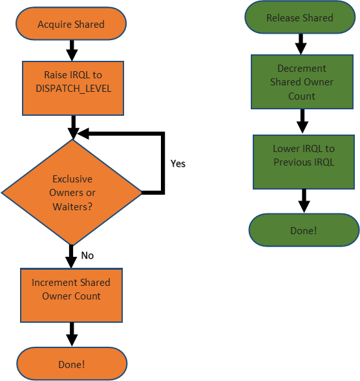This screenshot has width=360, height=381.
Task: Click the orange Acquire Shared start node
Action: (x=71, y=23)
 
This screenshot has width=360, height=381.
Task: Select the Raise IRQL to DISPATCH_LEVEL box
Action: (x=73, y=88)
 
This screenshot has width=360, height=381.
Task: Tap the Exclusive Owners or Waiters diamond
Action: (x=72, y=192)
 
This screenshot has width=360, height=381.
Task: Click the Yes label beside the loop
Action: (x=178, y=164)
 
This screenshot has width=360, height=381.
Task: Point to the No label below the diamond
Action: (x=87, y=256)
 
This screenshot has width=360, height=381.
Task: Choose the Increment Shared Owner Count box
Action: (x=71, y=295)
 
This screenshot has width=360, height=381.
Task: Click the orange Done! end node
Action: (x=72, y=364)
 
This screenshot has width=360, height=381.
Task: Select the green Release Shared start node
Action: (x=300, y=17)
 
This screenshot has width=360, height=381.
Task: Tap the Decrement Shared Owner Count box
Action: (x=302, y=82)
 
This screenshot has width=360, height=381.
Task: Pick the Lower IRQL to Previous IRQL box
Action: (x=304, y=162)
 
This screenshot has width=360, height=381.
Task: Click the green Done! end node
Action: (x=304, y=230)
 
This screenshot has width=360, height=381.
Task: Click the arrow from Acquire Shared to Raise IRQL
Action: (x=72, y=50)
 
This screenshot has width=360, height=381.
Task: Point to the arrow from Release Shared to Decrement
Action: (x=301, y=44)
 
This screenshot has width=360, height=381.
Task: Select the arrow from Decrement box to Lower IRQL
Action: (x=302, y=121)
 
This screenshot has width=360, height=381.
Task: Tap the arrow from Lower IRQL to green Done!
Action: (x=304, y=201)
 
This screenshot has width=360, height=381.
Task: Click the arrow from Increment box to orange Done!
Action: (x=72, y=334)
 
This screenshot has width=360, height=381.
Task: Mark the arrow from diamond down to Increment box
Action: (x=71, y=256)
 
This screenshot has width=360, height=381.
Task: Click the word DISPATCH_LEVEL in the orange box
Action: (x=73, y=89)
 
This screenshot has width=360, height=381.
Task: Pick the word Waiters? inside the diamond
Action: (x=72, y=207)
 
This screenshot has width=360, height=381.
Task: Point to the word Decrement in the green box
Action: (x=301, y=69)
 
